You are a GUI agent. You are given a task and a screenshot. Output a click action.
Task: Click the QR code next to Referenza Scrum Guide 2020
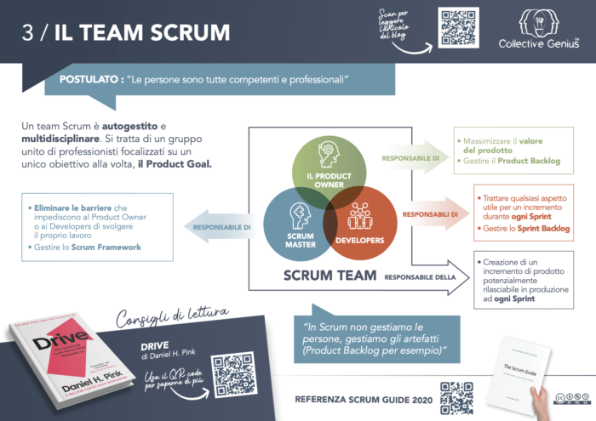tap(456, 396)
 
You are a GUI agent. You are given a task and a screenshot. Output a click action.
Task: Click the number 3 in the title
tap(29, 33)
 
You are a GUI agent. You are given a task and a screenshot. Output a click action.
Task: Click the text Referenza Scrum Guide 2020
tap(363, 397)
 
